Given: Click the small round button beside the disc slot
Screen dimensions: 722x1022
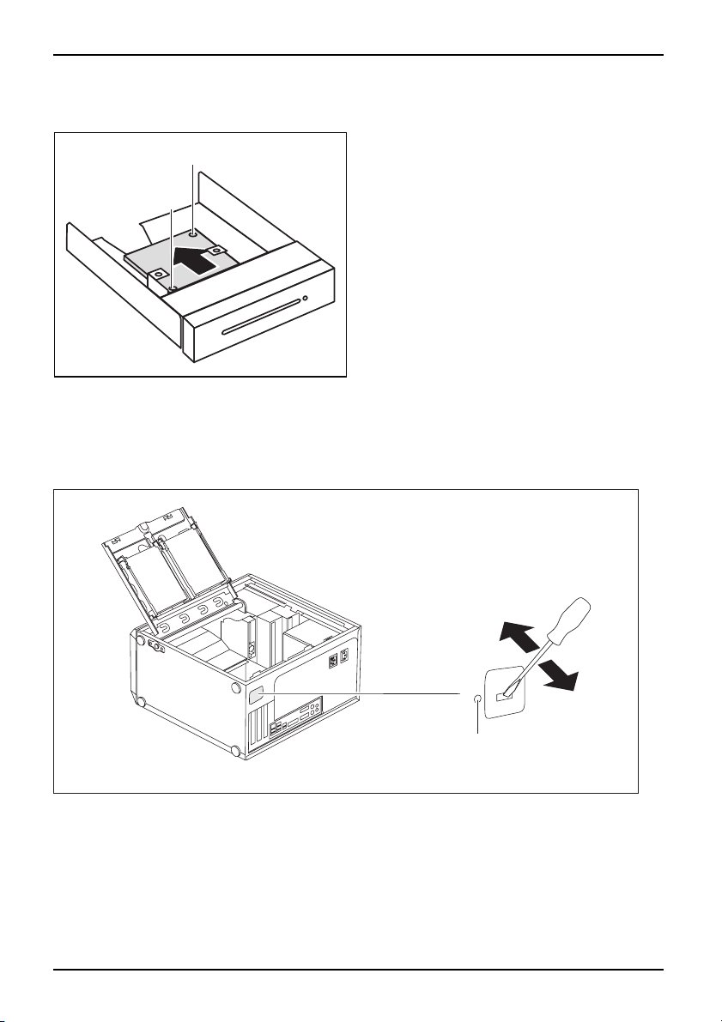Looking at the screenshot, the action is tap(305, 299).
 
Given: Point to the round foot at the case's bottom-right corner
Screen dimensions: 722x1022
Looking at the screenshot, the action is tap(234, 751).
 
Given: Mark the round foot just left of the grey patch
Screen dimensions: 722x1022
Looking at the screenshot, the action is tap(236, 688).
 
